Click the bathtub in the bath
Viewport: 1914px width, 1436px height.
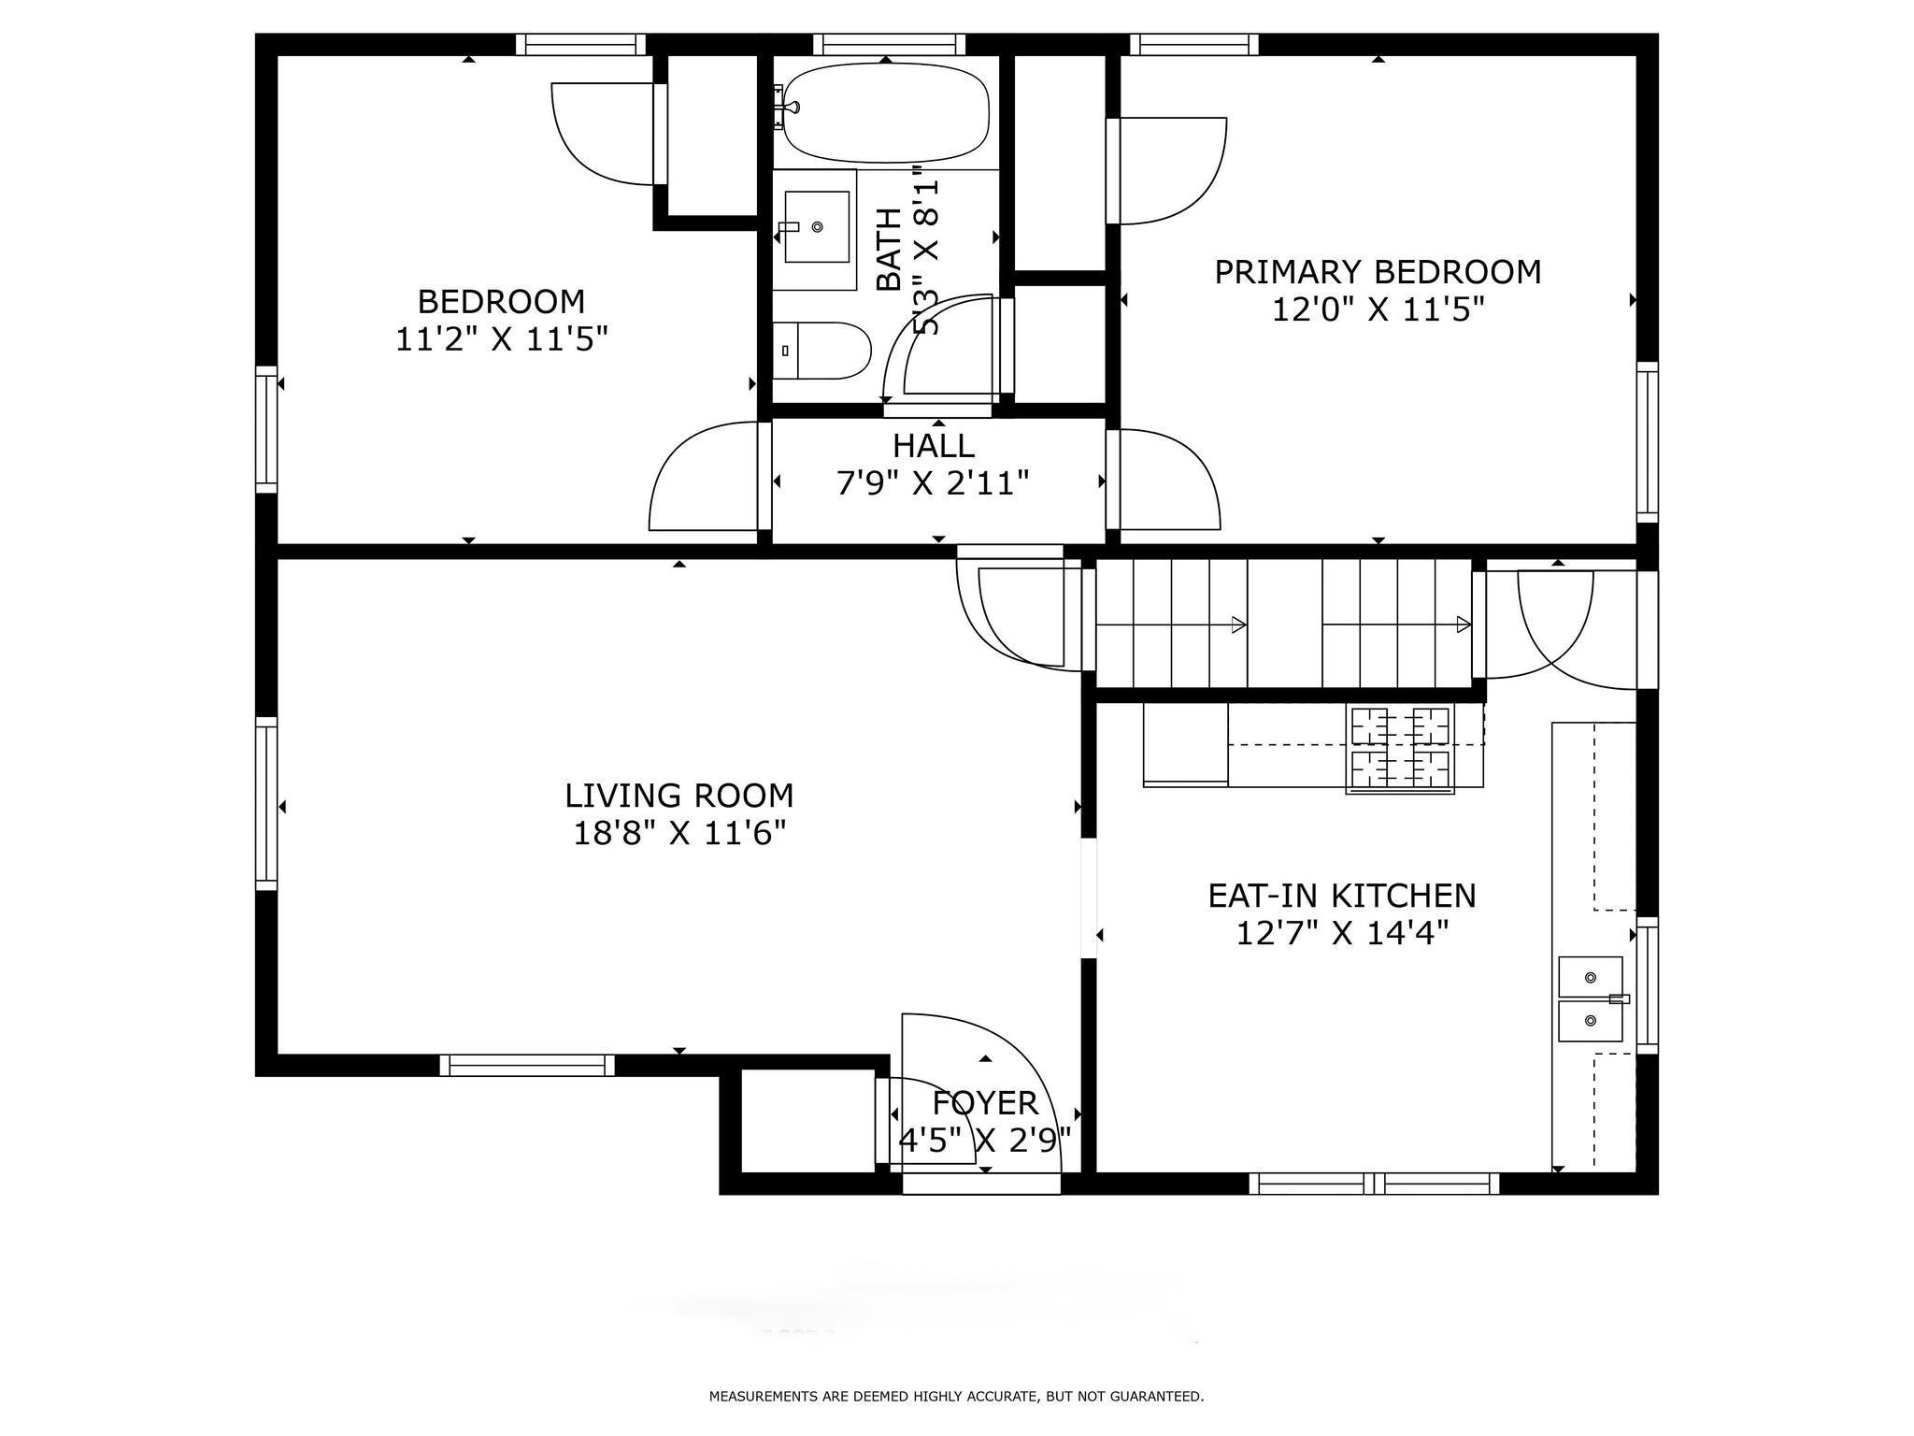[885, 112]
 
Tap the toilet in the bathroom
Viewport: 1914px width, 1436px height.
[821, 351]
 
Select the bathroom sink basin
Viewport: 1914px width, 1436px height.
[817, 227]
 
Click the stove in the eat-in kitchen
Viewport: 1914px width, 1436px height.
[1400, 751]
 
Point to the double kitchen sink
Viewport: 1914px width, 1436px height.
[1591, 998]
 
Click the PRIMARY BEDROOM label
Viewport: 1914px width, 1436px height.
[1378, 272]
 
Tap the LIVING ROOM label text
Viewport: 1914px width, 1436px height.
[679, 796]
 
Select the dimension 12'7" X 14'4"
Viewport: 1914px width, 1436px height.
[1342, 933]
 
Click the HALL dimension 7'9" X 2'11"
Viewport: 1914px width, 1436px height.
[933, 482]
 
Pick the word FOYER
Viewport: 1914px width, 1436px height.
[985, 1103]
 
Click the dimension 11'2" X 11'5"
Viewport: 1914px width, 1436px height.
[502, 338]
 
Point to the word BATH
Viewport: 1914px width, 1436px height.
[890, 250]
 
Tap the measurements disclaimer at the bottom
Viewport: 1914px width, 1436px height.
[956, 1397]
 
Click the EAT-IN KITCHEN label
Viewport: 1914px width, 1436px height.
[1342, 896]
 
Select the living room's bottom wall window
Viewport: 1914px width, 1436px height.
[527, 1065]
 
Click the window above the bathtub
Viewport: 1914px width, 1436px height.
[889, 44]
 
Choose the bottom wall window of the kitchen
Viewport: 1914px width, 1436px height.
[1374, 1184]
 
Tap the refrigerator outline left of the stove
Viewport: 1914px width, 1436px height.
[1185, 745]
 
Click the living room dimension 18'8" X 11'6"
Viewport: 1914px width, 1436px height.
[679, 832]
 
